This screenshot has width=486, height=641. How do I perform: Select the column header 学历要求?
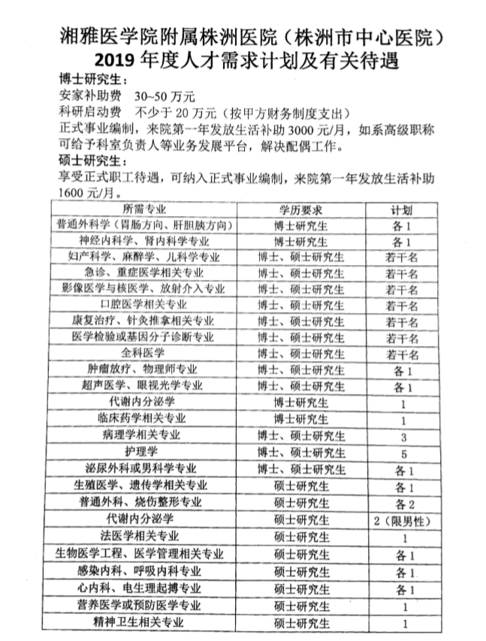[300, 209]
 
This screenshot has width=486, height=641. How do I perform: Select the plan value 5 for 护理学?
[403, 453]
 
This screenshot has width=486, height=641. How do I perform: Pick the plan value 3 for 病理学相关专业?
[403, 436]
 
